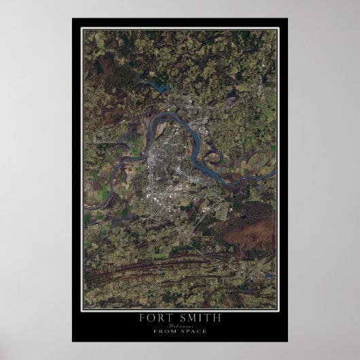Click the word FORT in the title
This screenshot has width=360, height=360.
point(154,317)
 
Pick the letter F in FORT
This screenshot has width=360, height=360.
point(142,317)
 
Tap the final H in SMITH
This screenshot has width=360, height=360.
point(217,317)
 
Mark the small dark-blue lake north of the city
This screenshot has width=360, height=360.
point(160,88)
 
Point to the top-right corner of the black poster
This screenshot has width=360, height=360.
point(287,18)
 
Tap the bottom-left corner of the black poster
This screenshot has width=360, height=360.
point(72,342)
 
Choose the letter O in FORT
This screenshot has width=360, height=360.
point(151,317)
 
